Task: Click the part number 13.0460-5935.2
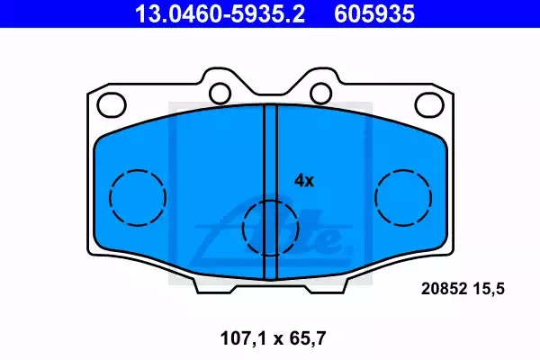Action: (220, 13)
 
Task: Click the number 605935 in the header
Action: (374, 13)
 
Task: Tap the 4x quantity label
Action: (304, 181)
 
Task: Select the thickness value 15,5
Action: (489, 289)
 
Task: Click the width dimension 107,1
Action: (244, 338)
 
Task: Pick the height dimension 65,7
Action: (308, 338)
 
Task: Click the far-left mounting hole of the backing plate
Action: (112, 104)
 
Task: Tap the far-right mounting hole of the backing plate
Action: (429, 104)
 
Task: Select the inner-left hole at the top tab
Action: (220, 93)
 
